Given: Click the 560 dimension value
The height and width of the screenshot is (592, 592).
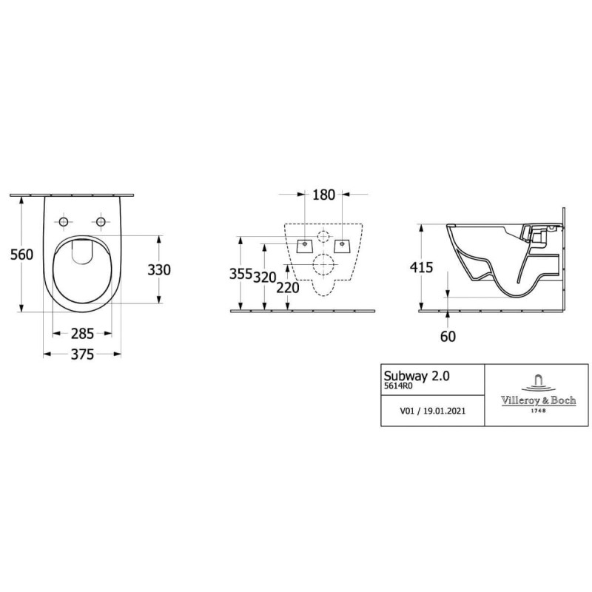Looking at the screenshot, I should tap(21, 255).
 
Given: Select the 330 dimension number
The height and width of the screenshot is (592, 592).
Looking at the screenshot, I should tap(159, 269).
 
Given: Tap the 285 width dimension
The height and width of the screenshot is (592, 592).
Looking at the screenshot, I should tap(82, 333).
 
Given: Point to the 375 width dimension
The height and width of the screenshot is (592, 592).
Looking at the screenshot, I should tap(82, 354).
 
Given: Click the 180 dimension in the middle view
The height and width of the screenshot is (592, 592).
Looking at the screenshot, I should tap(324, 195).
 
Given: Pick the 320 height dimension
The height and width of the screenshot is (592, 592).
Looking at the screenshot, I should tap(265, 277).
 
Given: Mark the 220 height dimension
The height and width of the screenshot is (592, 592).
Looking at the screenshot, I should tap(289, 288).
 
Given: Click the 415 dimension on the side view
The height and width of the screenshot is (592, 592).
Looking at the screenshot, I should tap(422, 268).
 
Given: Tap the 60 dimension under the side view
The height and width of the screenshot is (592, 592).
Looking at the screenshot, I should tap(447, 337).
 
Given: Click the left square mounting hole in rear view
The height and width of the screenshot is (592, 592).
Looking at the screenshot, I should tap(305, 244).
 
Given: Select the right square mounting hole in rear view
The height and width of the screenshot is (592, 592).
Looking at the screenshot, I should tap(341, 244).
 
